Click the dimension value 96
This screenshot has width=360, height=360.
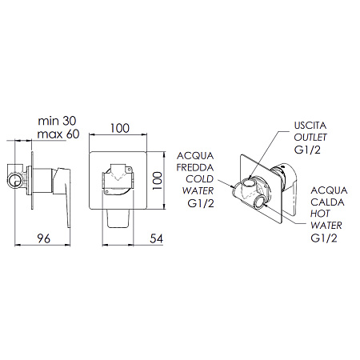(x=44, y=238)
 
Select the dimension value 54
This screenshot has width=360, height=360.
(x=156, y=238)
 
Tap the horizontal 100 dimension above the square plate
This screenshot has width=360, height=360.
(x=120, y=128)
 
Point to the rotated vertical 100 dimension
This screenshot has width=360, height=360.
(x=158, y=181)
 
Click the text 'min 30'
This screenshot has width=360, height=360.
(x=57, y=121)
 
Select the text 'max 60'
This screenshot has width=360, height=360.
(x=58, y=134)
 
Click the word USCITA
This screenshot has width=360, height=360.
(x=310, y=126)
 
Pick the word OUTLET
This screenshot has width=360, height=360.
(x=310, y=138)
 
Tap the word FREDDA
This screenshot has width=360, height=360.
(x=195, y=167)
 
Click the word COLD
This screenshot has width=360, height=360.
(x=200, y=179)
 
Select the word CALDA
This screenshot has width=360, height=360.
(x=327, y=202)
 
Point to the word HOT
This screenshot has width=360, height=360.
(x=320, y=214)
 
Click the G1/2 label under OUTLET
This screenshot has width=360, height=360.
(x=307, y=150)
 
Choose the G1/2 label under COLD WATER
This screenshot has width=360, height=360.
(x=201, y=203)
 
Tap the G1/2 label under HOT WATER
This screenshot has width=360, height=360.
(x=324, y=238)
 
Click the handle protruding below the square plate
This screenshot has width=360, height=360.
(x=118, y=218)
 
